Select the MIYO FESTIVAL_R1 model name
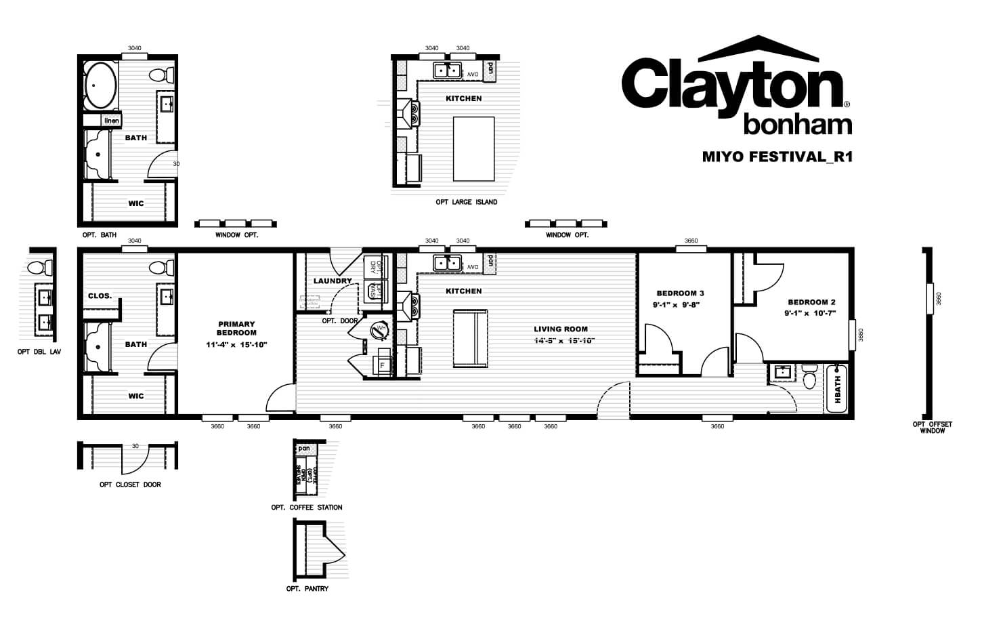point(777,157)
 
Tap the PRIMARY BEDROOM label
point(236,328)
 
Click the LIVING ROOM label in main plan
point(561,329)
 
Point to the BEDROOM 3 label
point(680,293)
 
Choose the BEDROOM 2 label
point(811,302)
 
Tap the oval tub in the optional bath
point(101,85)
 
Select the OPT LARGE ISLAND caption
point(466,202)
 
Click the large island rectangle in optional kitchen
point(473,148)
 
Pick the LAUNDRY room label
point(333,281)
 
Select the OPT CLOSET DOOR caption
point(130,485)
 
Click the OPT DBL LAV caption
point(39,352)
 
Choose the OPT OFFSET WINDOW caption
point(932,428)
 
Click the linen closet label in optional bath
point(112,121)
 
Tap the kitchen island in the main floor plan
point(470,338)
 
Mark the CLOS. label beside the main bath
point(100,296)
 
